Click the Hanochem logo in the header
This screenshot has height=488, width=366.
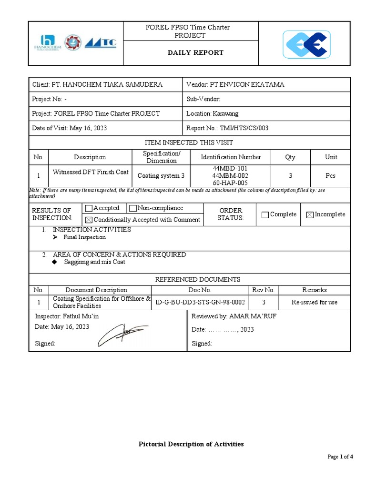(46, 43)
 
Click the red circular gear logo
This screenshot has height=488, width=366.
(73, 43)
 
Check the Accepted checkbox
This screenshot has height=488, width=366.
(88, 208)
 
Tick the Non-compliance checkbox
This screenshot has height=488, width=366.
(133, 208)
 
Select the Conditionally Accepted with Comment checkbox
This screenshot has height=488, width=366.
(88, 220)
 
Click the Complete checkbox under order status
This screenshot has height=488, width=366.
(265, 214)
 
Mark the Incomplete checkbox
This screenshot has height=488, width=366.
(310, 214)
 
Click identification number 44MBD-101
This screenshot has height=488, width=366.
(231, 169)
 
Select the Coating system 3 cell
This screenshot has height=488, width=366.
(161, 175)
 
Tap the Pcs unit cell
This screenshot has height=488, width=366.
(331, 175)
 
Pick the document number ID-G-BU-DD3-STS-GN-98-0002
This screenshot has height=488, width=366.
(200, 302)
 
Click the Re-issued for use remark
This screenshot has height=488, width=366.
(315, 302)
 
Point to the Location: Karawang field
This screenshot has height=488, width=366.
(213, 113)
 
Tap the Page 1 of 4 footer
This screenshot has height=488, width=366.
(340, 457)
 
